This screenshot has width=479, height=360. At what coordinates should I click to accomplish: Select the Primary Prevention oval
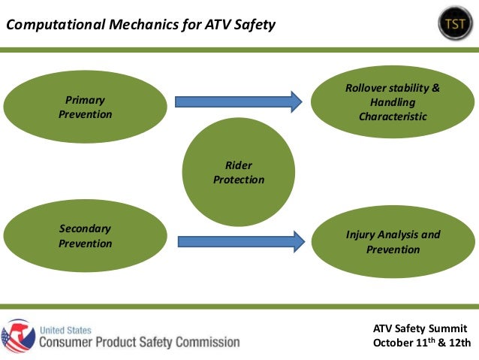pyautogui.click(x=85, y=107)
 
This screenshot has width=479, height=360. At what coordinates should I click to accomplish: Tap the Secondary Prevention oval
pyautogui.click(x=85, y=236)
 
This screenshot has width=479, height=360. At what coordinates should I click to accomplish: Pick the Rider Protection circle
pyautogui.click(x=239, y=172)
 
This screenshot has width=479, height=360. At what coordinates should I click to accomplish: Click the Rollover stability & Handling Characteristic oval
pyautogui.click(x=393, y=102)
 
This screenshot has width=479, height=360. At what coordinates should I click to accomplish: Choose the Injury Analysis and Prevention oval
pyautogui.click(x=393, y=242)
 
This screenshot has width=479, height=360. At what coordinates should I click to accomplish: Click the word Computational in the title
pyautogui.click(x=50, y=26)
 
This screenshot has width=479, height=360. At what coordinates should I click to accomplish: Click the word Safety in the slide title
pyautogui.click(x=252, y=26)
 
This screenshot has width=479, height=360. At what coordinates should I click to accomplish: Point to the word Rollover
pyautogui.click(x=366, y=88)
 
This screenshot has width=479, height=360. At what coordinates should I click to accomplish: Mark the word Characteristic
pyautogui.click(x=393, y=116)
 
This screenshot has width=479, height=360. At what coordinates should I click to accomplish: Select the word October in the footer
pyautogui.click(x=395, y=343)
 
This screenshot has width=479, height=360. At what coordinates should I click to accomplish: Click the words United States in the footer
pyautogui.click(x=66, y=329)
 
